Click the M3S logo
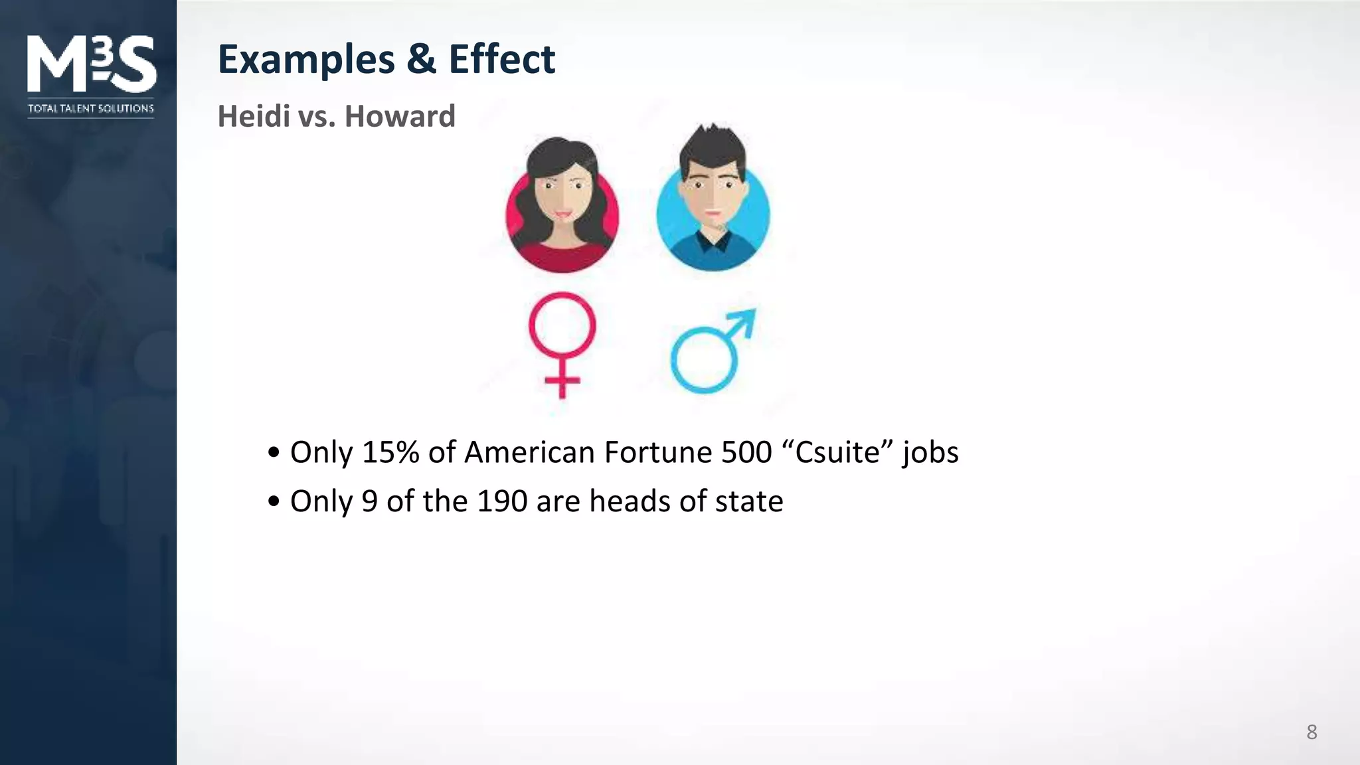92,64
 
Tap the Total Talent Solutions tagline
91,108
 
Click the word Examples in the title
306,60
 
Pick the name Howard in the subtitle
400,116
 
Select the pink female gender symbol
562,342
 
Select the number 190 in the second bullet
502,501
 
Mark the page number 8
1312,732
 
